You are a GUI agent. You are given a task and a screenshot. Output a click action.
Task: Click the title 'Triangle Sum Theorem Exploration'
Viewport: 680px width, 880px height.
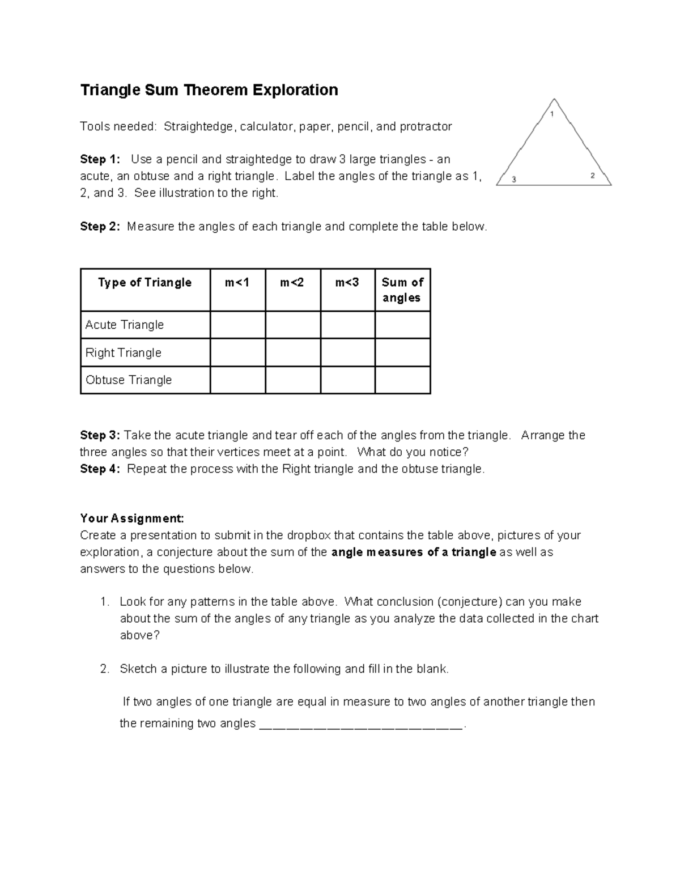[209, 90]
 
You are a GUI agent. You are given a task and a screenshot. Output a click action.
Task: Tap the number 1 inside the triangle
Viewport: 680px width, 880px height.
[552, 114]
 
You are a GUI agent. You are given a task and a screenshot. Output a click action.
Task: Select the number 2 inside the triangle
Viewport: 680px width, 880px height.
[593, 176]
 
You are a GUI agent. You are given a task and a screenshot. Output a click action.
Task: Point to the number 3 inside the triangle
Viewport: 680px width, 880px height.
[514, 180]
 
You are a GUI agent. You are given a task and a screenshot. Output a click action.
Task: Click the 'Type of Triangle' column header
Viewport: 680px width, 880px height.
[144, 283]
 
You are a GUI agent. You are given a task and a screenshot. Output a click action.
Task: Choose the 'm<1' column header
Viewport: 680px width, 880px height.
[237, 283]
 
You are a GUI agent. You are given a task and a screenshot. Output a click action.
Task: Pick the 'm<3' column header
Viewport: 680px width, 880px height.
[347, 283]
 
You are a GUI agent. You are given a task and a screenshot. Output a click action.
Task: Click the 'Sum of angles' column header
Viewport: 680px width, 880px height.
[402, 290]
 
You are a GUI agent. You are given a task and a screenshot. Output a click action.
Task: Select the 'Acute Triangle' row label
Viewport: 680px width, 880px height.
[124, 325]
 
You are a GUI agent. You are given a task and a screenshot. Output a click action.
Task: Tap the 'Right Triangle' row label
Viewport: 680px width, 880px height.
[123, 352]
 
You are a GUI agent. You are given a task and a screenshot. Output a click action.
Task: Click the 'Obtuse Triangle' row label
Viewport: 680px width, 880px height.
[128, 380]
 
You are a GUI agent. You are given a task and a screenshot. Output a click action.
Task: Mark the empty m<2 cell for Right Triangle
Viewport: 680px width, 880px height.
[292, 352]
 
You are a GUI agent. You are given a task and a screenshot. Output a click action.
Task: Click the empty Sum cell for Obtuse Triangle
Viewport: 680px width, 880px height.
[402, 380]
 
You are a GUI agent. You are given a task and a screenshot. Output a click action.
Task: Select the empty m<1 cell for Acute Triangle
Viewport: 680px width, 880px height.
[237, 325]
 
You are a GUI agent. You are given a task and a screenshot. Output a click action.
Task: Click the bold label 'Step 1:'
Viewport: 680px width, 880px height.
[100, 159]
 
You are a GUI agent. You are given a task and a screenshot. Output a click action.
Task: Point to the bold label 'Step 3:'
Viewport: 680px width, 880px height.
[100, 435]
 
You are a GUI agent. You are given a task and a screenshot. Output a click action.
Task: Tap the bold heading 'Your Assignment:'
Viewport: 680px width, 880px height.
[132, 518]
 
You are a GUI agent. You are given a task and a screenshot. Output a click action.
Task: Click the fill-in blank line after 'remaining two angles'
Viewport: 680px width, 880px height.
[361, 725]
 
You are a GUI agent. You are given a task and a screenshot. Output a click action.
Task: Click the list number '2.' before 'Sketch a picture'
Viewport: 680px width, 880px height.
[104, 669]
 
